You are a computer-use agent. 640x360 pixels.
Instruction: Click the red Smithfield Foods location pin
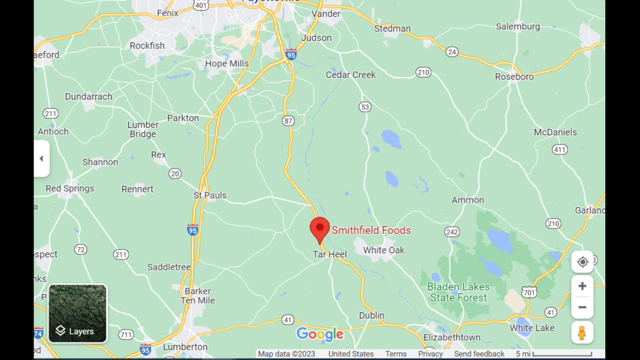click(320, 229)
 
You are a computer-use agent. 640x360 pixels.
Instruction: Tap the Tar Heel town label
click(330, 254)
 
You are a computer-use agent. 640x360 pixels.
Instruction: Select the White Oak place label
click(383, 250)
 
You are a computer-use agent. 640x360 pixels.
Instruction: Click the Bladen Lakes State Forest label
click(459, 292)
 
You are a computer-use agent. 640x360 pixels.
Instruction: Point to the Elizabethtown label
click(452, 338)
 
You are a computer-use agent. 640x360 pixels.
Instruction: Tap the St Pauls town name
click(210, 195)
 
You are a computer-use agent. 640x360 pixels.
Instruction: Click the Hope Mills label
click(227, 63)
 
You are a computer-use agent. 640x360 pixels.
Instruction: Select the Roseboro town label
click(514, 76)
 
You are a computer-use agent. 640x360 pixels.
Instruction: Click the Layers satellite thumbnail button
click(77, 313)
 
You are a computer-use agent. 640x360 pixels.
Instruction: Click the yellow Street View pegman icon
click(582, 332)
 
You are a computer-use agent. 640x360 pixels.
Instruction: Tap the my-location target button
click(582, 262)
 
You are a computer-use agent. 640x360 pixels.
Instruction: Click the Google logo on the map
click(320, 335)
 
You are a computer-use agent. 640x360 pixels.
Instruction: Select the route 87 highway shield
click(289, 121)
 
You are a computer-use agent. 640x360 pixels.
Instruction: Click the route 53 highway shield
click(365, 107)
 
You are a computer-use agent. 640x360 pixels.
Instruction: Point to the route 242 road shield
click(452, 232)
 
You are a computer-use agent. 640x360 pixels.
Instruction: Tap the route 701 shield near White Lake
click(529, 293)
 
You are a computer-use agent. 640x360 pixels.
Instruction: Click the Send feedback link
click(479, 354)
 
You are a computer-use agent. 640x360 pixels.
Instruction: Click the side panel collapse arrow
click(41, 158)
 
